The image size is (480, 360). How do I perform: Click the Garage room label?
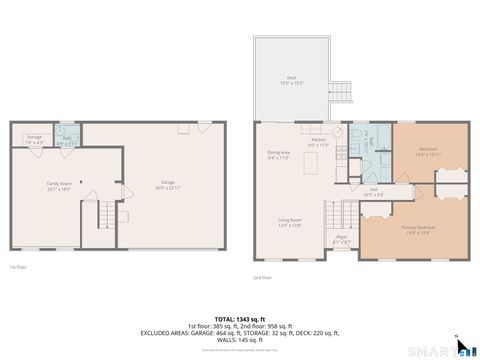pyautogui.click(x=168, y=184)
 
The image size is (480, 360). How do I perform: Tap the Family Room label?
pyautogui.click(x=59, y=185)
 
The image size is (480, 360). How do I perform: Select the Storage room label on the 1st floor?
pyautogui.click(x=34, y=140)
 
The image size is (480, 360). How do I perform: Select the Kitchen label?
pyautogui.click(x=318, y=142)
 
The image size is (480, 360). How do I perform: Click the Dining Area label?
pyautogui.click(x=278, y=154)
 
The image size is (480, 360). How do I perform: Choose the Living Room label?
pyautogui.click(x=290, y=222)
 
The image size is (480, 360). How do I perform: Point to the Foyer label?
pyautogui.click(x=342, y=239)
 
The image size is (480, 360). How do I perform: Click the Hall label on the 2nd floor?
pyautogui.click(x=373, y=190)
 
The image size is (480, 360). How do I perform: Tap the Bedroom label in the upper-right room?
pyautogui.click(x=428, y=152)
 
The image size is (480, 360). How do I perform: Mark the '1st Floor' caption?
pyautogui.click(x=16, y=267)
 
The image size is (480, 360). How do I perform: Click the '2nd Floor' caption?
pyautogui.click(x=262, y=277)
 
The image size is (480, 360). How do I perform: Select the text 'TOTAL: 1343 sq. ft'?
pyautogui.click(x=239, y=318)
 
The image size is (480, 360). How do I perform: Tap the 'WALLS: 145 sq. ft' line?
pyautogui.click(x=239, y=341)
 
